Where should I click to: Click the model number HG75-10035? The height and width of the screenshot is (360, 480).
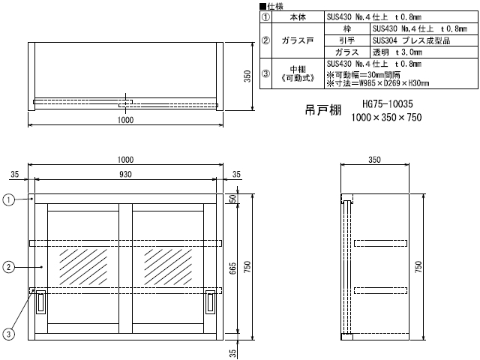(x=388, y=104)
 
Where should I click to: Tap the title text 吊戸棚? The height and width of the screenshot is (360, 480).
(x=323, y=110)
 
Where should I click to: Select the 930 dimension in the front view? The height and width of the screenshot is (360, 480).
(x=125, y=174)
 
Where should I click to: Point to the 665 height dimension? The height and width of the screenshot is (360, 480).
(x=233, y=268)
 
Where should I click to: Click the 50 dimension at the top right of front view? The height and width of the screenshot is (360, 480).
(x=233, y=199)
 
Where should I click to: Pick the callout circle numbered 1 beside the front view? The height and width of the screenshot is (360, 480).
(x=8, y=200)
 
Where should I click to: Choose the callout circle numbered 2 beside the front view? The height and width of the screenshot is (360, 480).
(x=8, y=267)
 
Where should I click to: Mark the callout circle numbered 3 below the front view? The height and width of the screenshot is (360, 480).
(x=8, y=334)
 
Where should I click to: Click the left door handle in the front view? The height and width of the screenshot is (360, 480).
(x=40, y=301)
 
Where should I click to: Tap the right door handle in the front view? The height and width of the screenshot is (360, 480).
(x=210, y=301)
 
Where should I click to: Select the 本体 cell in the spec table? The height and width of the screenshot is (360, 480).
(x=298, y=17)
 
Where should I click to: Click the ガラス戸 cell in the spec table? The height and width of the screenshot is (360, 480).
(x=298, y=40)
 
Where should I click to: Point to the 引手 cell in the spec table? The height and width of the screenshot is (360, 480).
(x=347, y=40)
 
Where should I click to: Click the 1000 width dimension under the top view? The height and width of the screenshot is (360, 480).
(x=125, y=120)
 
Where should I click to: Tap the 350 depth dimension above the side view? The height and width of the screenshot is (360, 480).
(x=374, y=160)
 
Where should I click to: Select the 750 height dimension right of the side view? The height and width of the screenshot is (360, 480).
(x=418, y=267)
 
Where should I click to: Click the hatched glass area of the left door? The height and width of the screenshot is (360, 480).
(x=83, y=267)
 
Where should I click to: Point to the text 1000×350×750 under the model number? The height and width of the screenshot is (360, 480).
(x=386, y=117)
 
